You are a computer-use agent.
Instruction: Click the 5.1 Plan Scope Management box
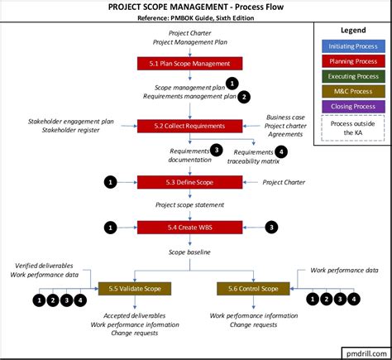coord(189,62)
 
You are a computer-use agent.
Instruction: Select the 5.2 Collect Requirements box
coord(189,125)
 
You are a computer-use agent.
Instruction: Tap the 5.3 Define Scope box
coord(189,181)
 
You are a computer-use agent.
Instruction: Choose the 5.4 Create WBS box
coord(189,226)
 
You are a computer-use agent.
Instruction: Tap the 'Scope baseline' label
coord(189,252)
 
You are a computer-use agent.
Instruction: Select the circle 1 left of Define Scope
coord(110,181)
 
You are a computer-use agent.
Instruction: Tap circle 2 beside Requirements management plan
coord(244,97)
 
